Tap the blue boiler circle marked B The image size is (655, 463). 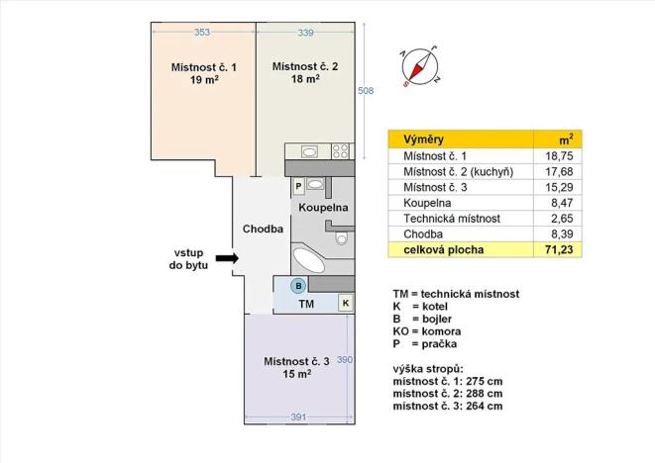pyautogui.click(x=296, y=287)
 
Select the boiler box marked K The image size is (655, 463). pyautogui.click(x=345, y=304)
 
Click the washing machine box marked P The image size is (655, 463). pyautogui.click(x=297, y=185)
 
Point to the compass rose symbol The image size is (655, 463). pyautogui.click(x=420, y=67)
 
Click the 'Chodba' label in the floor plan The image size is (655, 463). pyautogui.click(x=264, y=229)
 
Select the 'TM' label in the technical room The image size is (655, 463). pyautogui.click(x=308, y=305)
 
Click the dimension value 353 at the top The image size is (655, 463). pyautogui.click(x=202, y=32)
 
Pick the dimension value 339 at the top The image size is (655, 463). pyautogui.click(x=305, y=32)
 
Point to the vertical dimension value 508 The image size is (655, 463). pyautogui.click(x=365, y=91)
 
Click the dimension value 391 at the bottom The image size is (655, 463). pyautogui.click(x=298, y=417)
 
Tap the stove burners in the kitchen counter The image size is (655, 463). pyautogui.click(x=339, y=151)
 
